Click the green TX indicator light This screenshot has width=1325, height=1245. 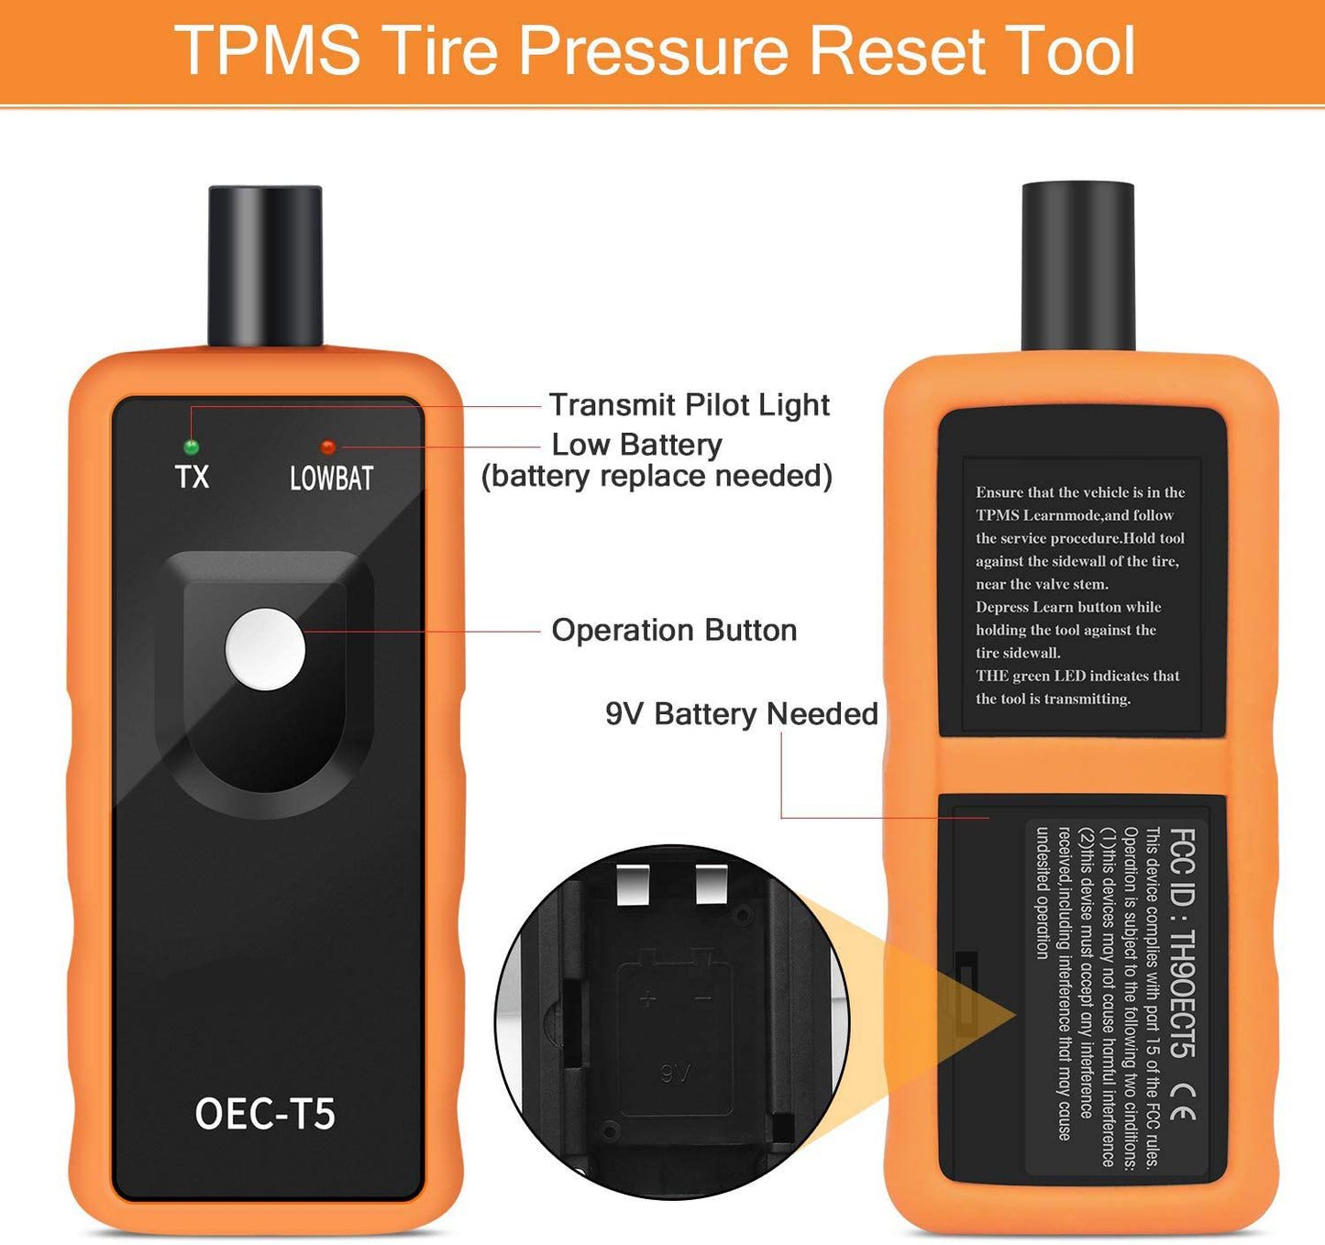[x=192, y=446]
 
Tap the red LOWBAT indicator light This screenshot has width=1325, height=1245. [x=327, y=446]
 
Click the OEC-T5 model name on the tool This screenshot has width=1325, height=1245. [x=265, y=1114]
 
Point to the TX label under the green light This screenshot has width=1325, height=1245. [x=193, y=477]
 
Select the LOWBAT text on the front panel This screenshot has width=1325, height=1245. [x=332, y=479]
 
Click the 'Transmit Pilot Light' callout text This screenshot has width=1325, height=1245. [x=690, y=405]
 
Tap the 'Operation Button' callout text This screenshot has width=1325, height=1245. [x=675, y=630]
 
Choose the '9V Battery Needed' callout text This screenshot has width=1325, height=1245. [x=742, y=714]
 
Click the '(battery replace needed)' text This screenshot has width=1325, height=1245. [x=657, y=477]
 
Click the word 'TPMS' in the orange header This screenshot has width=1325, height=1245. [x=268, y=50]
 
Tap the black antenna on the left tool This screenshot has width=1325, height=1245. [x=266, y=266]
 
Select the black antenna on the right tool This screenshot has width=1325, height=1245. [x=1078, y=266]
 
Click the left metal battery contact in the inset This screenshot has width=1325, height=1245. [x=633, y=886]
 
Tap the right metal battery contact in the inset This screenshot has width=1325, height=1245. [x=712, y=884]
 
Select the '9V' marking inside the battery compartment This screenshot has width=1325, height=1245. [x=675, y=1073]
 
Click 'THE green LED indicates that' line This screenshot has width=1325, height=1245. [x=1077, y=675]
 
